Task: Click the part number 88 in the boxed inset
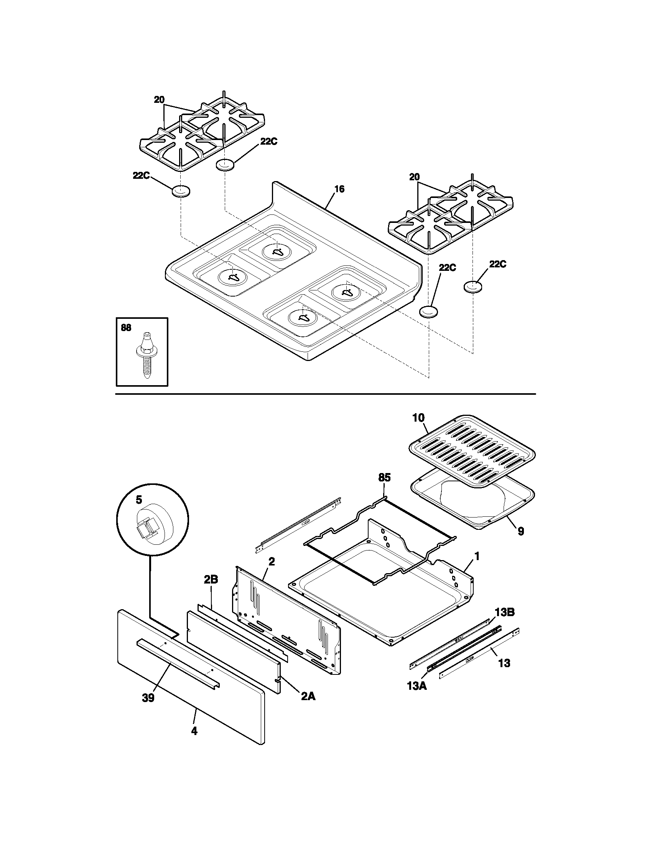[x=126, y=328]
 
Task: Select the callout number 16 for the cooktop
[x=339, y=189]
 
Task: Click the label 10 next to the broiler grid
[x=418, y=418]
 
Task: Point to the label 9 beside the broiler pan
[x=521, y=531]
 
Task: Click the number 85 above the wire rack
[x=384, y=478]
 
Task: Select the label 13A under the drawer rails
[x=417, y=687]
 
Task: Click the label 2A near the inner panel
[x=308, y=696]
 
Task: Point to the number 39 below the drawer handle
[x=148, y=698]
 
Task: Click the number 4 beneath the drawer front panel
[x=194, y=731]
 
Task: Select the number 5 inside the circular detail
[x=138, y=500]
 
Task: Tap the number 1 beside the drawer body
[x=477, y=557]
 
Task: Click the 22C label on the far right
[x=497, y=264]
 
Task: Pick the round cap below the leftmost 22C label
[x=181, y=191]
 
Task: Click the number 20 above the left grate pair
[x=159, y=100]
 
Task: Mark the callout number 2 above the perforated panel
[x=272, y=562]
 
